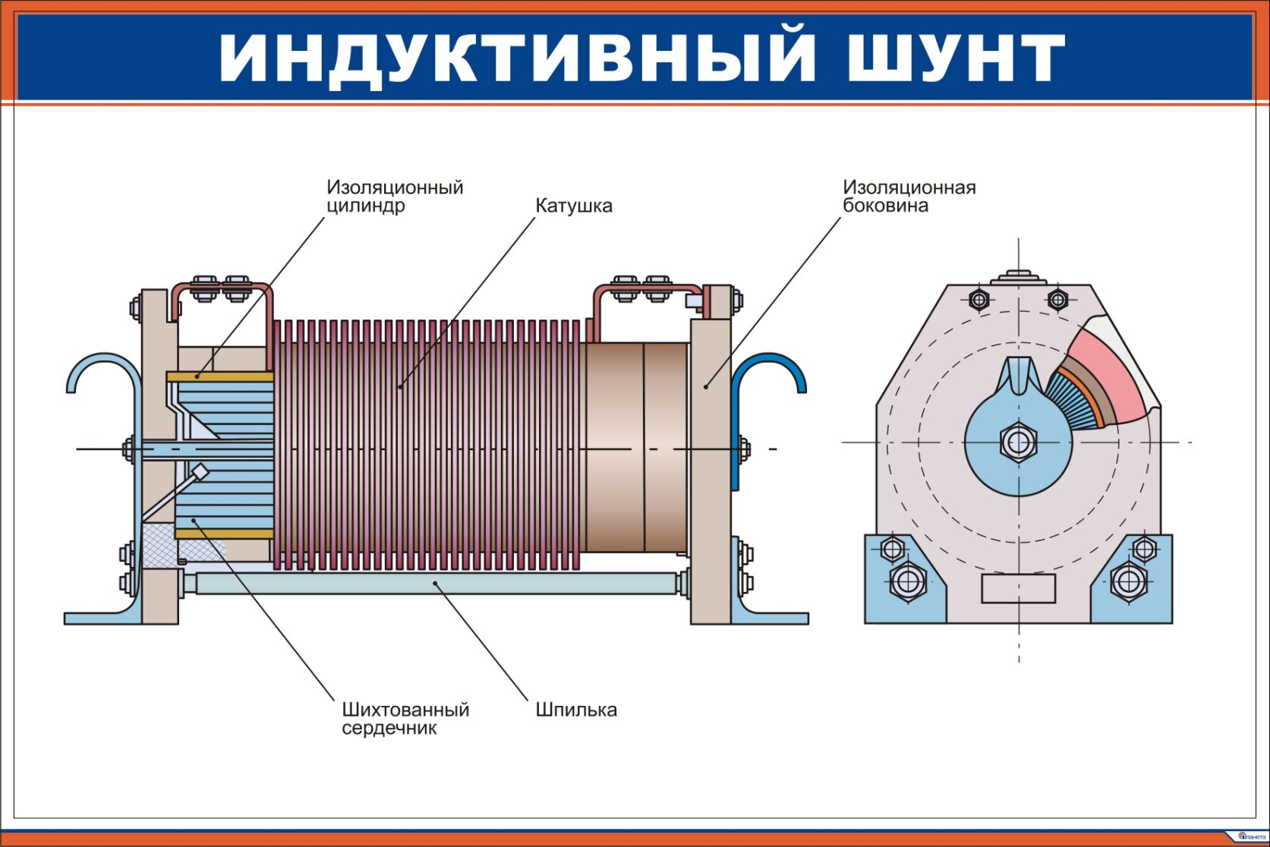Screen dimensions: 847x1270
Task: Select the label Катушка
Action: click(573, 206)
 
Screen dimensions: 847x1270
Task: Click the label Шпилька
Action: click(576, 710)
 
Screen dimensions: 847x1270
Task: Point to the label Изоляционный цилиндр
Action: click(394, 196)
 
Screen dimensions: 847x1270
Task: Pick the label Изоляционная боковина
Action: click(909, 196)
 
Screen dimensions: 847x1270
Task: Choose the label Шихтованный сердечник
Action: click(405, 719)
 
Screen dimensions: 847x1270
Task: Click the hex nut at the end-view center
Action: click(1018, 442)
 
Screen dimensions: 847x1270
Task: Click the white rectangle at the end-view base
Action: click(1018, 588)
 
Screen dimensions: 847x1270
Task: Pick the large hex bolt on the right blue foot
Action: click(1129, 582)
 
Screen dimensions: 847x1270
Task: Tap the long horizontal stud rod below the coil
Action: click(436, 584)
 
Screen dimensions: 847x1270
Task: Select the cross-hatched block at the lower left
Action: click(163, 545)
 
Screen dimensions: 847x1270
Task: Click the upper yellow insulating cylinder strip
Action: click(219, 376)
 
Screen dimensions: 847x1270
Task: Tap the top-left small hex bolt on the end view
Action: click(979, 300)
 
